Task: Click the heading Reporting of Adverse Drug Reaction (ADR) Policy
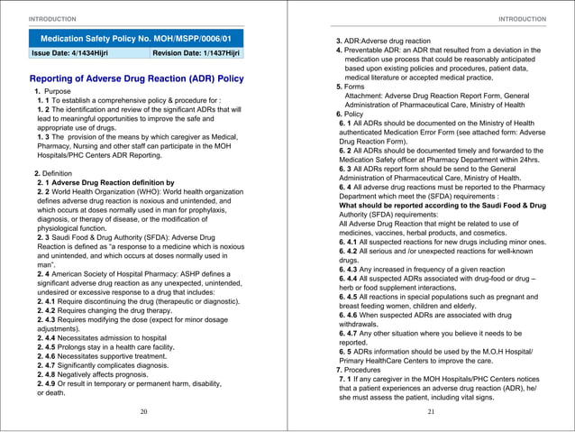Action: click(x=137, y=78)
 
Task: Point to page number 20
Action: click(x=143, y=410)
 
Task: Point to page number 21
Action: click(x=431, y=410)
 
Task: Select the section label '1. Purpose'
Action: click(x=52, y=92)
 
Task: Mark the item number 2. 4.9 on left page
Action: click(x=50, y=383)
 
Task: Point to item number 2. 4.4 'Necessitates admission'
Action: click(x=50, y=335)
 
